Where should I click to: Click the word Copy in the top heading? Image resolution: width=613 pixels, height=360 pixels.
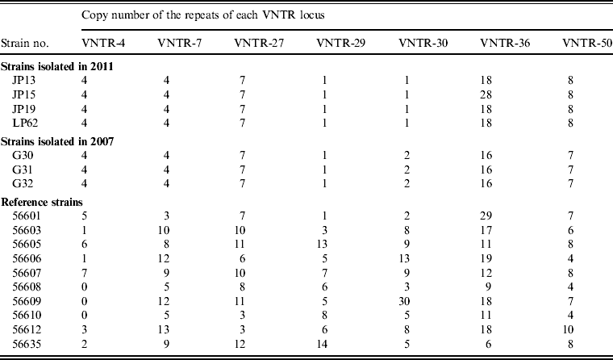point(95,13)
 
